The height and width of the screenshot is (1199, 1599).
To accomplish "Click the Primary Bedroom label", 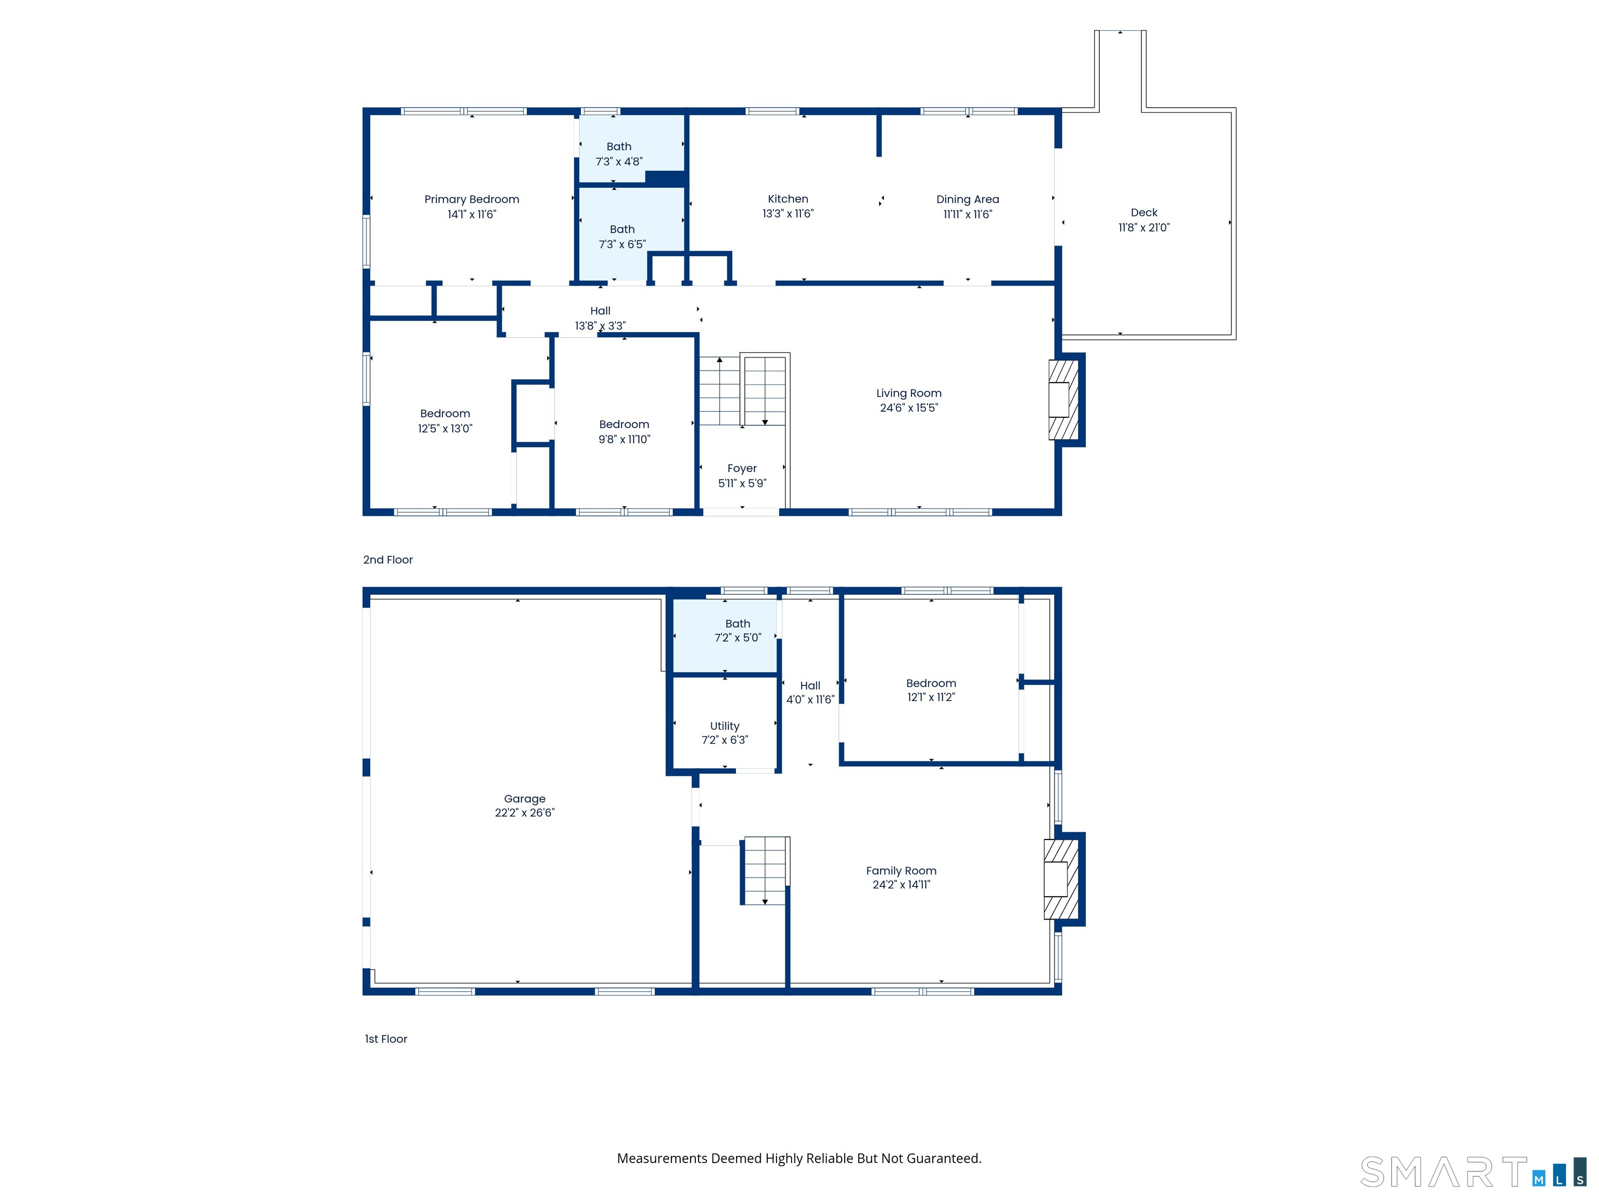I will click(x=471, y=199).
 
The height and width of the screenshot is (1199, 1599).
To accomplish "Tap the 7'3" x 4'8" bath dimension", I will click(x=619, y=162).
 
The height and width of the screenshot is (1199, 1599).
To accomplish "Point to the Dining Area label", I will click(x=967, y=199).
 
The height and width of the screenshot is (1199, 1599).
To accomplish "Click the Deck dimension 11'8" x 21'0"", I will click(x=1144, y=227).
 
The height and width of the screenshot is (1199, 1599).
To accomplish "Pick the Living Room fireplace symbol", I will click(x=1063, y=400).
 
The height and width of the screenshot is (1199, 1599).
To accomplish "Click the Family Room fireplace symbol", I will click(x=1060, y=879).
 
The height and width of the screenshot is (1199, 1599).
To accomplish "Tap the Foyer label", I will click(x=742, y=468).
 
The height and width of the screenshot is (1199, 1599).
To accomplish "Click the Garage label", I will click(x=524, y=799).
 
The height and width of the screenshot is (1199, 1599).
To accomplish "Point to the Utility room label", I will click(x=725, y=725).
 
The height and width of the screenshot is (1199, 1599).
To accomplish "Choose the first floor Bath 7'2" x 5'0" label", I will click(x=738, y=624).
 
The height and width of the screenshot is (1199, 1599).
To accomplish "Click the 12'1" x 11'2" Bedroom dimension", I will click(x=931, y=697).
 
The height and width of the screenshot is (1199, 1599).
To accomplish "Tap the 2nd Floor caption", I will click(x=387, y=559).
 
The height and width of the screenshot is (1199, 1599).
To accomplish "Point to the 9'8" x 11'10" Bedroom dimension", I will click(x=624, y=439).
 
